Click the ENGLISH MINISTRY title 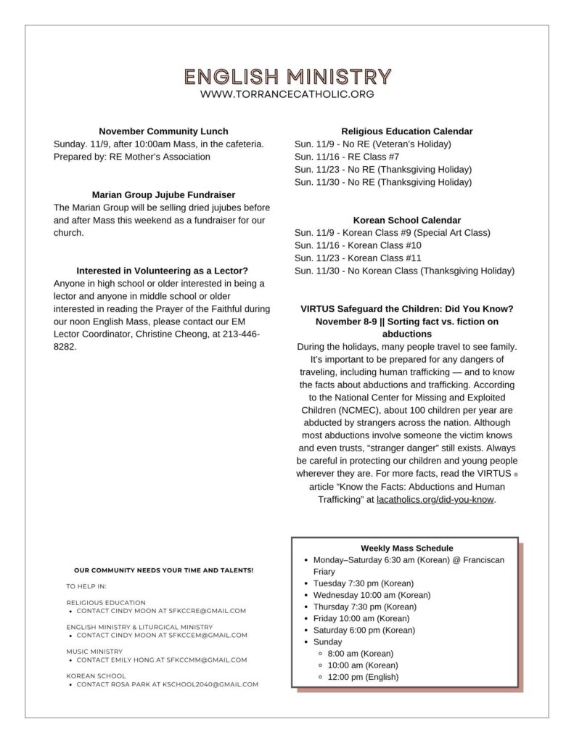point(287,77)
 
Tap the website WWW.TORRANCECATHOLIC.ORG point(287,94)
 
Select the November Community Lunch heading point(163,131)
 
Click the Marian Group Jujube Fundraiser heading point(163,194)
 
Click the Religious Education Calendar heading point(406,131)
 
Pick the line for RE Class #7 point(347,157)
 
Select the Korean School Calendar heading point(406,220)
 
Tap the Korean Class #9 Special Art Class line point(393,233)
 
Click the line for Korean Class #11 point(358,258)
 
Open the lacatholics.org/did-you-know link point(435,500)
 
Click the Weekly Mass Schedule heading point(406,549)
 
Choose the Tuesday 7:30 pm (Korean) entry point(363,583)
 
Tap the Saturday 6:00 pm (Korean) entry point(364,630)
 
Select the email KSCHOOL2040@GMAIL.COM point(210,684)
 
